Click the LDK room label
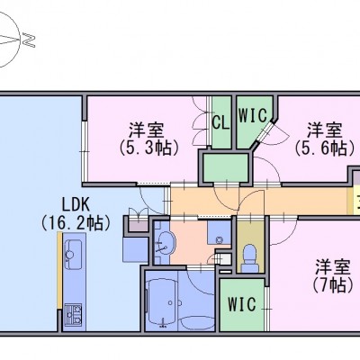point(76,205)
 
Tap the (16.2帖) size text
point(76,223)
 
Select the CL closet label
point(221,122)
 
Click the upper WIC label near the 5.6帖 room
point(253,115)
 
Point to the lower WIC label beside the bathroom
point(242,304)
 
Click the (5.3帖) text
point(148,148)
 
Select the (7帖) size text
point(332,285)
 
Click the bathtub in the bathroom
point(162,300)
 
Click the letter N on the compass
point(28,40)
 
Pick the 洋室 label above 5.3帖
point(146,130)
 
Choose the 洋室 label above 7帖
point(332,267)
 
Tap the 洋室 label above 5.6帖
point(324,130)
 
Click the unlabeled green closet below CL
point(225,167)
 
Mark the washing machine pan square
point(219,235)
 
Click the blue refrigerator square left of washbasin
point(136,249)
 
